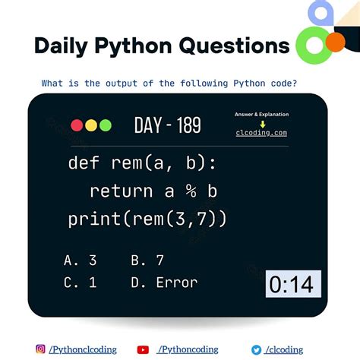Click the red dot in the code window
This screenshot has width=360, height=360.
(x=77, y=125)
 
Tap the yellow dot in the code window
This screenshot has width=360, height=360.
(x=90, y=125)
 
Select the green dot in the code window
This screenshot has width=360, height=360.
(x=104, y=125)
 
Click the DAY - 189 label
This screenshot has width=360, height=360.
(x=167, y=125)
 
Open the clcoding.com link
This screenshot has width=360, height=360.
(x=261, y=133)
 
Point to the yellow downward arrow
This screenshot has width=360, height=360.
(x=261, y=123)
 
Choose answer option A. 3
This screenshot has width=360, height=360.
(x=81, y=261)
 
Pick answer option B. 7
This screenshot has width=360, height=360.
(x=147, y=261)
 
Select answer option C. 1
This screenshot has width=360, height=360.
(x=81, y=283)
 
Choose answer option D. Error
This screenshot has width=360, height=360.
(x=164, y=283)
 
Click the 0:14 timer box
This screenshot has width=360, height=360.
(x=292, y=284)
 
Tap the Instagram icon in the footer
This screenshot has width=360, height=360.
(x=40, y=349)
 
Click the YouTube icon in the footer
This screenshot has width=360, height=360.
(x=143, y=349)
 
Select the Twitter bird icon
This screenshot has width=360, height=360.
(x=256, y=349)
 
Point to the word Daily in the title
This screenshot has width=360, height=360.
(x=62, y=46)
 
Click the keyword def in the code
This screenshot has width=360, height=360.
(x=84, y=163)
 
